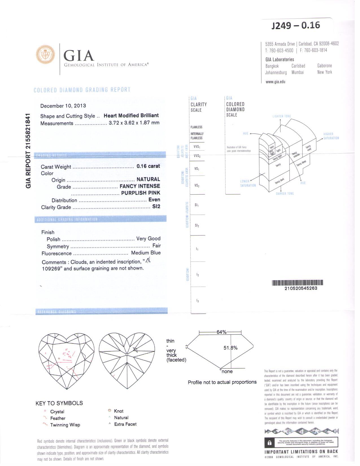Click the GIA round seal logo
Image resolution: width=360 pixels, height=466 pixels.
pyautogui.click(x=45, y=54)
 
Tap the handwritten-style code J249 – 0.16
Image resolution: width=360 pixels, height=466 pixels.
pyautogui.click(x=296, y=25)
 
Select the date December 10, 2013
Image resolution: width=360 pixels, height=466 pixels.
pyautogui.click(x=63, y=106)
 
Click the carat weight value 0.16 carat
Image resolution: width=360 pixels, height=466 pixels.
pyautogui.click(x=148, y=166)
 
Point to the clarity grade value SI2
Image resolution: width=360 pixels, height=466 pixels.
pyautogui.click(x=156, y=206)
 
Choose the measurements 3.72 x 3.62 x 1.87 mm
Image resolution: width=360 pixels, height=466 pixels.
pyautogui.click(x=134, y=123)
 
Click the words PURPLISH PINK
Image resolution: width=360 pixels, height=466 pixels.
pyautogui.click(x=140, y=193)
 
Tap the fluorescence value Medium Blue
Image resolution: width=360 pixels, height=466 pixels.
pyautogui.click(x=146, y=253)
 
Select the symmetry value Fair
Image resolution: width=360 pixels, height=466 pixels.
pyautogui.click(x=156, y=246)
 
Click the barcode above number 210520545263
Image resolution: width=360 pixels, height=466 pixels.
pyautogui.click(x=297, y=283)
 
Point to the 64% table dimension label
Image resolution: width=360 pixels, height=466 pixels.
pyautogui.click(x=221, y=332)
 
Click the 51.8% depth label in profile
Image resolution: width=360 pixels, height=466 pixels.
pyautogui.click(x=230, y=348)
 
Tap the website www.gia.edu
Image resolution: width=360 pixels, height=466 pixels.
pyautogui.click(x=275, y=82)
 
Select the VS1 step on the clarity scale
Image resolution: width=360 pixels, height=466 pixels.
pyautogui.click(x=197, y=169)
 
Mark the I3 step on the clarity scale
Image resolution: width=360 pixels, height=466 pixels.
pyautogui.click(x=198, y=301)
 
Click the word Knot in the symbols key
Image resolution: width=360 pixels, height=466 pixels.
pyautogui.click(x=119, y=411)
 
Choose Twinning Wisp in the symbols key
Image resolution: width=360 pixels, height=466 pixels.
pyautogui.click(x=65, y=425)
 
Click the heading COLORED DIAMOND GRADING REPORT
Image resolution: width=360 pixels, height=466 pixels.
pyautogui.click(x=82, y=90)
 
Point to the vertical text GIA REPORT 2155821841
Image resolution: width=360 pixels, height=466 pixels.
pyautogui.click(x=28, y=151)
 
